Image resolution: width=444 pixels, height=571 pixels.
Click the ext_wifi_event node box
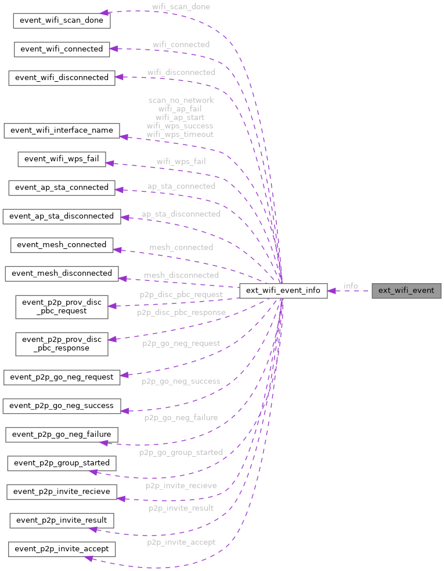tap(406, 290)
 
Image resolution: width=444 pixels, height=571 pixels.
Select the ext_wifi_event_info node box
tap(283, 290)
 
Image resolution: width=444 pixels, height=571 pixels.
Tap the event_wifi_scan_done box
tap(62, 20)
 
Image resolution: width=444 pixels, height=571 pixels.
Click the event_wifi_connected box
tap(62, 49)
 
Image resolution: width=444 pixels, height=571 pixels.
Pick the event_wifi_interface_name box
tap(62, 130)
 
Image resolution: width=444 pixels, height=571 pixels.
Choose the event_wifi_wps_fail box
tap(62, 159)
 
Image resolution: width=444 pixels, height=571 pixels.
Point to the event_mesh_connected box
tap(62, 244)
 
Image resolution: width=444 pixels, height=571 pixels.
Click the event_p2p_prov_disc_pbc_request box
tap(62, 306)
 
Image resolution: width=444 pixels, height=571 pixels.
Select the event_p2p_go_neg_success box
tap(62, 405)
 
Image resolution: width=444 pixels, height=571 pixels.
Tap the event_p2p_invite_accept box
tap(62, 548)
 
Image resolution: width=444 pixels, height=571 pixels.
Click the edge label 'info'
tap(351, 286)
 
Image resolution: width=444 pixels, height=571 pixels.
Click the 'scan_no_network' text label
tap(181, 100)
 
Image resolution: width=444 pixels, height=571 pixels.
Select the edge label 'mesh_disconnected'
tap(181, 274)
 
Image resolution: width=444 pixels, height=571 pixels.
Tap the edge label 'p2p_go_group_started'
tap(181, 452)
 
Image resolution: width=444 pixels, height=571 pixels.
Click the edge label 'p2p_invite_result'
tap(181, 508)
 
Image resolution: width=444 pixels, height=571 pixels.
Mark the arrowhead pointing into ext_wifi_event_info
tap(333, 290)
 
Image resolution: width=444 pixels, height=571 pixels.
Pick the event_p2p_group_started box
tap(62, 462)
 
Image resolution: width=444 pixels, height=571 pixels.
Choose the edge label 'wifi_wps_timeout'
tap(180, 134)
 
